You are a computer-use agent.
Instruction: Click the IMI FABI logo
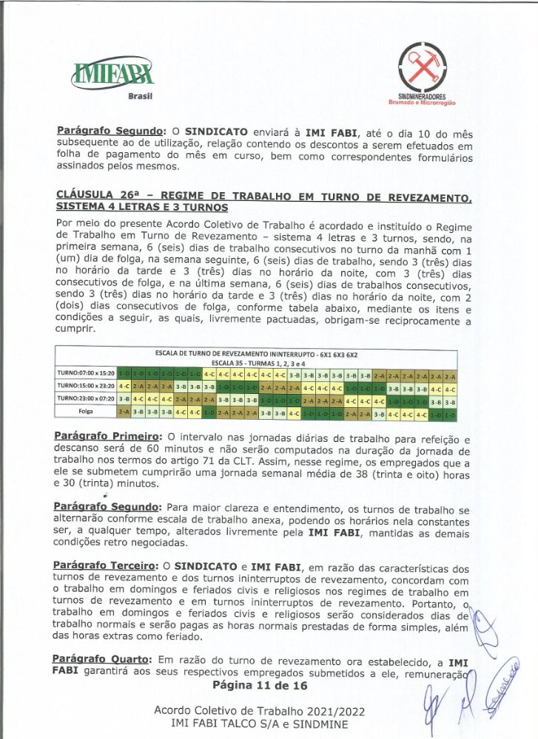112,72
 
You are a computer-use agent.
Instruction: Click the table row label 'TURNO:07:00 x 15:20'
86,373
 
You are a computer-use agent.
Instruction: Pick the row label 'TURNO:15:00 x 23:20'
86,386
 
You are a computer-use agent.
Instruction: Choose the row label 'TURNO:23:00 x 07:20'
86,399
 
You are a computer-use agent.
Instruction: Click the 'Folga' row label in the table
86,412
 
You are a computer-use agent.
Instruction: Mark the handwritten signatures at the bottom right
474,687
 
